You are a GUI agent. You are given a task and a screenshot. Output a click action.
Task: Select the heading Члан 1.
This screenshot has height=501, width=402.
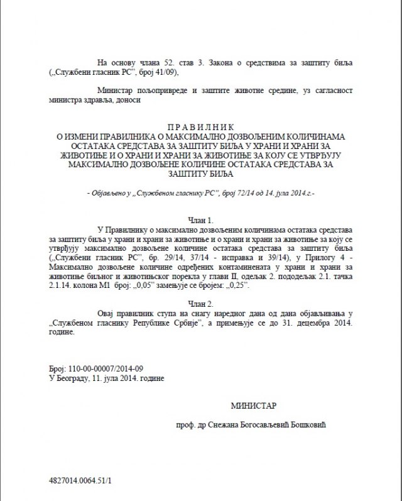point(201,220)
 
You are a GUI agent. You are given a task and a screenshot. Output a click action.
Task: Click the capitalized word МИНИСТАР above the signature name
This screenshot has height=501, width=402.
point(253,406)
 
